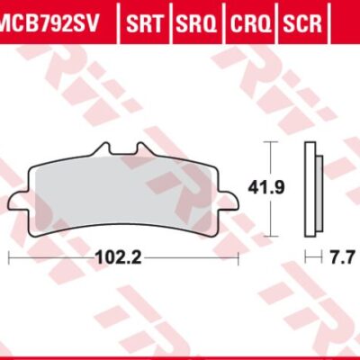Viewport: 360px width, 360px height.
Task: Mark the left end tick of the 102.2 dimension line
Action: (x=8, y=257)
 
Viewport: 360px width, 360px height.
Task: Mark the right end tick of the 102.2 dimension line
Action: (x=238, y=257)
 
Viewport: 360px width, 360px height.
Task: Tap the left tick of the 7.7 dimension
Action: (x=305, y=257)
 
